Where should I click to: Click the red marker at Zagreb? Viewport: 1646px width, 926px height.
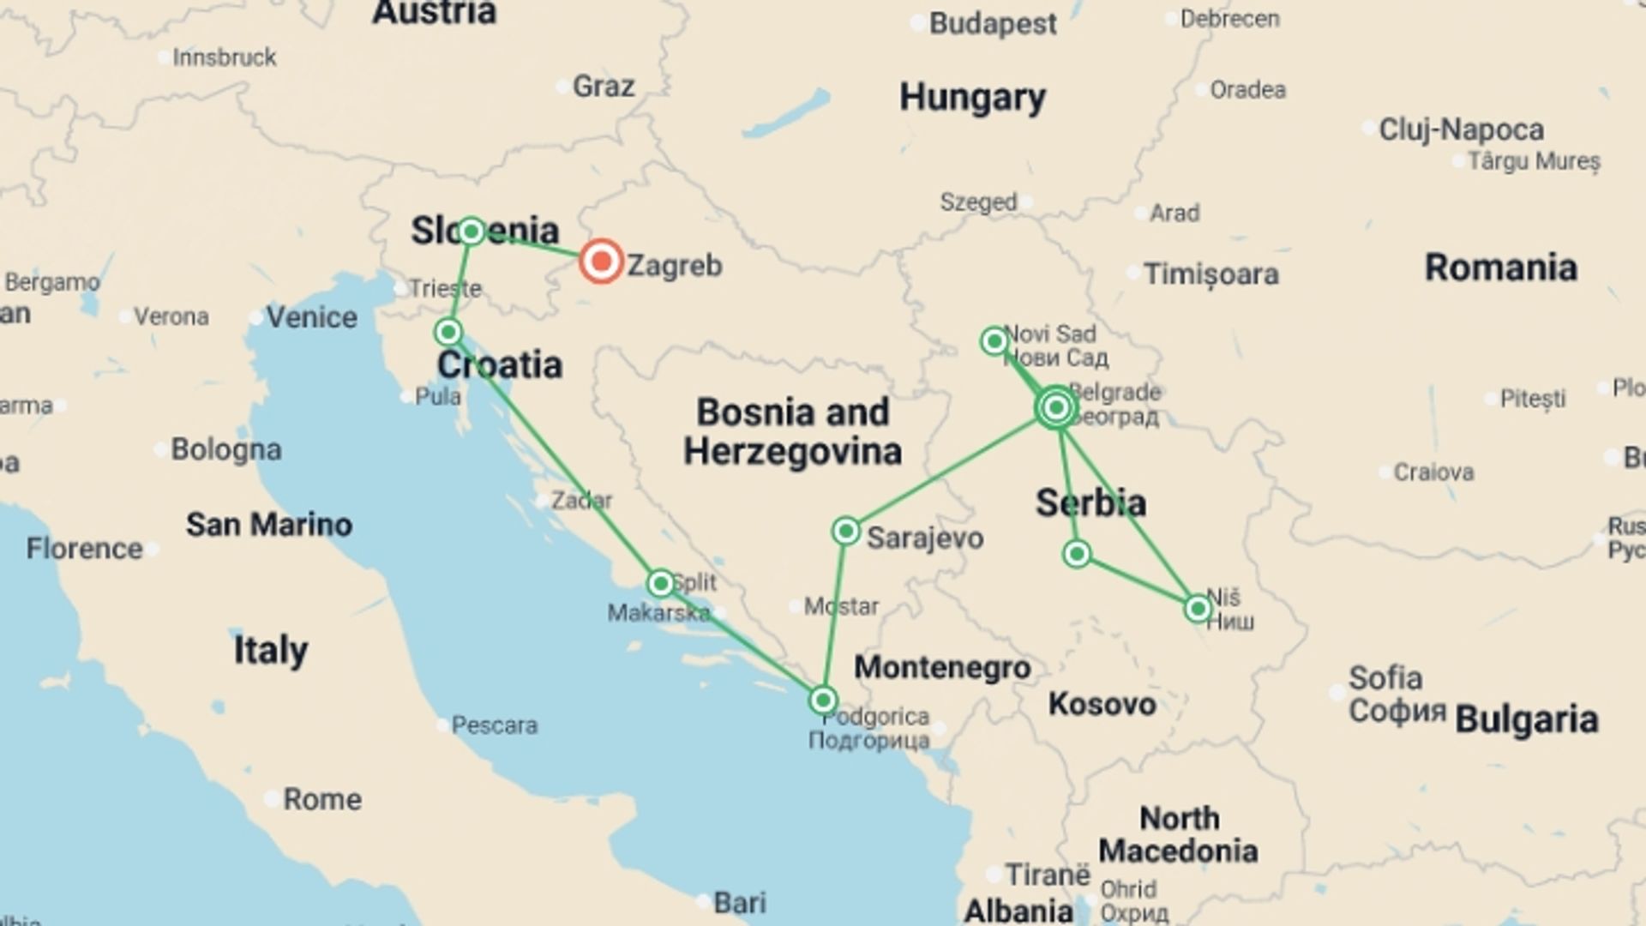(x=601, y=262)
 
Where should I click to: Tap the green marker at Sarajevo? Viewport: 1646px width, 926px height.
(x=845, y=531)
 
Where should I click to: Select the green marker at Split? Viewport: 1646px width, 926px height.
(x=660, y=584)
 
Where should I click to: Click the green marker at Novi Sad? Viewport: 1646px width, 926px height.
(x=994, y=341)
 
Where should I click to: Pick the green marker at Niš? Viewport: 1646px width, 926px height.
(x=1198, y=609)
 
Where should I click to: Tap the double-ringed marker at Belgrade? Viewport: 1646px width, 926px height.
(x=1056, y=407)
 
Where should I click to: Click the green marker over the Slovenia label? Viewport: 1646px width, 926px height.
(x=471, y=231)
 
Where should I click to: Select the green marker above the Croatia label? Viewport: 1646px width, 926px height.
(x=448, y=332)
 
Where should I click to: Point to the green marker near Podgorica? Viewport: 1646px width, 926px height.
(x=823, y=701)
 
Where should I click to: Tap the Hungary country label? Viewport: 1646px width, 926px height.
(x=972, y=97)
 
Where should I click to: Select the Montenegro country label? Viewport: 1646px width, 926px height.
(x=942, y=667)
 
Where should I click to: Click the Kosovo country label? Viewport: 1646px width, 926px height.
(x=1102, y=704)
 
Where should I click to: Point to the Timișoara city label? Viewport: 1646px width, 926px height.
(x=1210, y=274)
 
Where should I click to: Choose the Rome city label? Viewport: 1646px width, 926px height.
(x=321, y=799)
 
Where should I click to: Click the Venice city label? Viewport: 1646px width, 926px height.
(x=311, y=317)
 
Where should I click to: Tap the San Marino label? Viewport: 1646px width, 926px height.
(x=268, y=524)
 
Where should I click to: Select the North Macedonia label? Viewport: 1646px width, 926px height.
(x=1178, y=834)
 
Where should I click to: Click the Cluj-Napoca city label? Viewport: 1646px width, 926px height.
(x=1461, y=129)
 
